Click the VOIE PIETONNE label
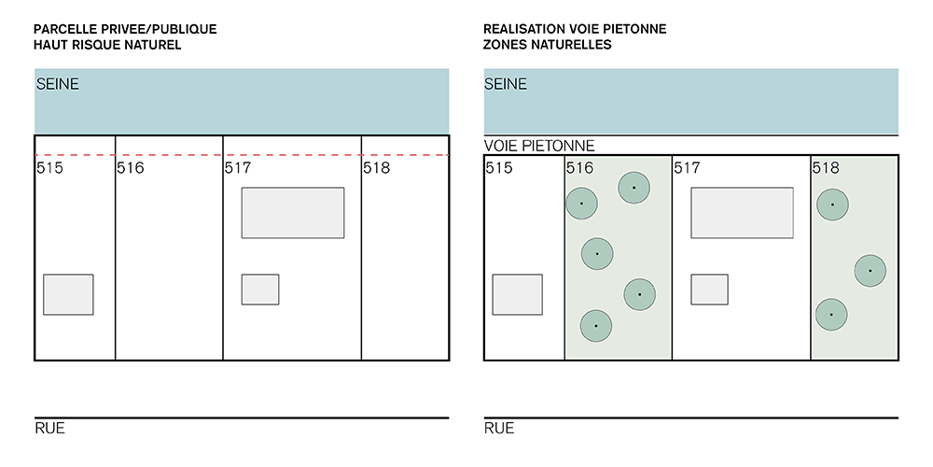[539, 147]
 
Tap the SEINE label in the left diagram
[58, 84]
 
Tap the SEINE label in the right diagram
[506, 84]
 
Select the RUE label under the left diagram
[49, 429]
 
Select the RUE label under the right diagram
[499, 429]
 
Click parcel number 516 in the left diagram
[131, 169]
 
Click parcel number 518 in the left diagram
[377, 169]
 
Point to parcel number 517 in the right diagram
[687, 169]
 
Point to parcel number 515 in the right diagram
[499, 169]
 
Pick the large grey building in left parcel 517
[293, 213]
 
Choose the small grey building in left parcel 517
[260, 290]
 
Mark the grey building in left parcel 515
[68, 294]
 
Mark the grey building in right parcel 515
[518, 294]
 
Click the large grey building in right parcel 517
[742, 213]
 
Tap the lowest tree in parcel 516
[595, 326]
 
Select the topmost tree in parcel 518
[832, 205]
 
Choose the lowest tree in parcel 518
[831, 315]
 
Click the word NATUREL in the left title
[148, 45]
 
